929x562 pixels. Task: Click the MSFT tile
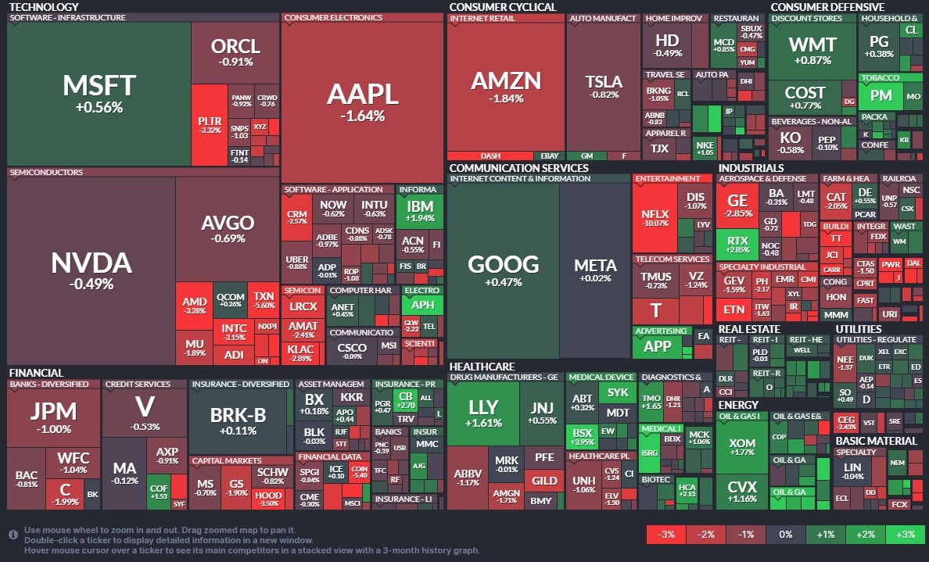[99, 93]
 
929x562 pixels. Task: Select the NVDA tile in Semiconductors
[91, 270]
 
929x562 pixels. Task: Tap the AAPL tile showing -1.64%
[362, 102]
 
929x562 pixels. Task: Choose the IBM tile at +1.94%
[420, 211]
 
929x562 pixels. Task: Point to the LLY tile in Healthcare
[483, 413]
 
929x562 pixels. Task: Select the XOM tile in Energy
[742, 449]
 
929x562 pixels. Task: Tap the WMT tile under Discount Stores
[812, 50]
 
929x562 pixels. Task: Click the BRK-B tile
[239, 421]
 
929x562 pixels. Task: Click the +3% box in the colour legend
[906, 535]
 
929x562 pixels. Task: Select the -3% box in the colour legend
[666, 535]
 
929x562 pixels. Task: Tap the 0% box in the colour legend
[786, 535]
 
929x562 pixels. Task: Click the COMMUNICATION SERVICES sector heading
[518, 167]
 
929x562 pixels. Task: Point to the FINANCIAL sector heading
[36, 373]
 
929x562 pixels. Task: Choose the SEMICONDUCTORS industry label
[45, 172]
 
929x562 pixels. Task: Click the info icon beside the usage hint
[13, 535]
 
